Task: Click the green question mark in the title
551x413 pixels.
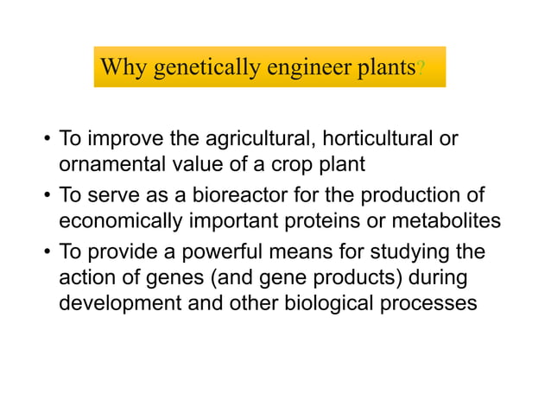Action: click(x=419, y=69)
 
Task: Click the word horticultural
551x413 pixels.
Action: click(x=372, y=139)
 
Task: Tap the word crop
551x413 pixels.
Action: click(x=270, y=163)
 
